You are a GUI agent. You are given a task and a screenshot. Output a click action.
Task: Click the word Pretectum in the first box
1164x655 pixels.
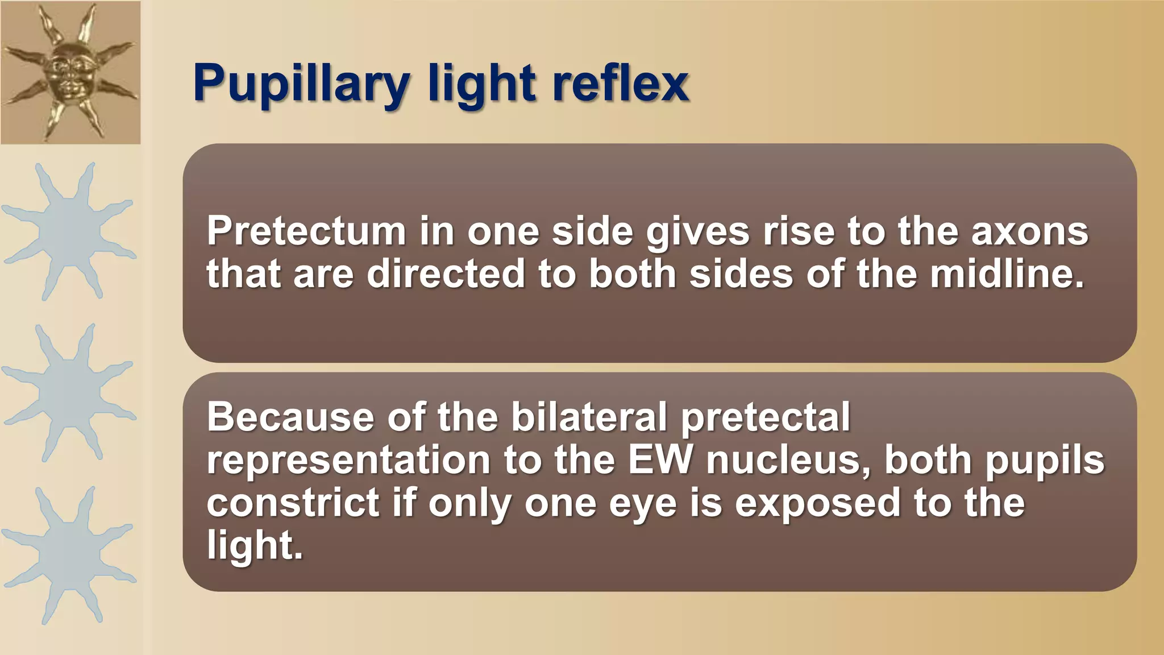[x=306, y=231]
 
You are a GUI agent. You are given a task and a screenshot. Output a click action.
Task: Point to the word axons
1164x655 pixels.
[x=1029, y=231]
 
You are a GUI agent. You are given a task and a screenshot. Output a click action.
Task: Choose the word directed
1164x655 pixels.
[x=446, y=274]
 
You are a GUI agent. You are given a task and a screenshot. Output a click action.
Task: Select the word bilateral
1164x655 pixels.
[x=589, y=417]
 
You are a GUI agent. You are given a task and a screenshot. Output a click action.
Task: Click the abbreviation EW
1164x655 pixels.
[x=660, y=459]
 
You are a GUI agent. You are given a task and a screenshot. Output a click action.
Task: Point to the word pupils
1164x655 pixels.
[x=1045, y=461]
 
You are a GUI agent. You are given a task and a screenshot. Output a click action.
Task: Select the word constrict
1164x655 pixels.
[x=293, y=503]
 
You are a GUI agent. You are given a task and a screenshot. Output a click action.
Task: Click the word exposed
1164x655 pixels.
[x=817, y=504]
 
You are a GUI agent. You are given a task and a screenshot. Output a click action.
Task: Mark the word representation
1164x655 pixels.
[x=348, y=461]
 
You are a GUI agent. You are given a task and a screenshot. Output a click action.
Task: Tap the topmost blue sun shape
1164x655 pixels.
[x=69, y=231]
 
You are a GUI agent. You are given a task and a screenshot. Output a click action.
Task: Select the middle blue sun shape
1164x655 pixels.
[x=69, y=392]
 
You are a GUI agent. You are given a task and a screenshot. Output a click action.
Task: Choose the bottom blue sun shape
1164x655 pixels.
[x=69, y=554]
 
